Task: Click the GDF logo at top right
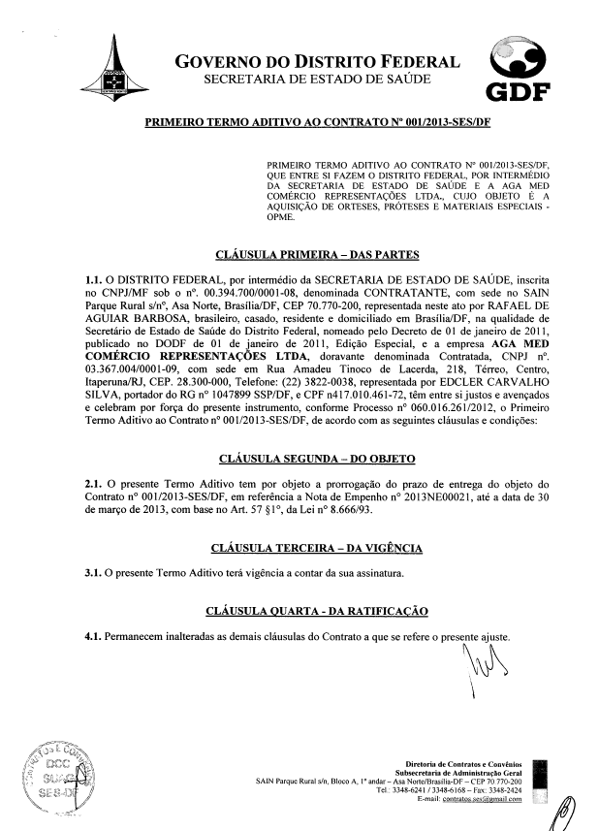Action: [517, 70]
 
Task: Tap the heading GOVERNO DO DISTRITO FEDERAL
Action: [316, 64]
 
